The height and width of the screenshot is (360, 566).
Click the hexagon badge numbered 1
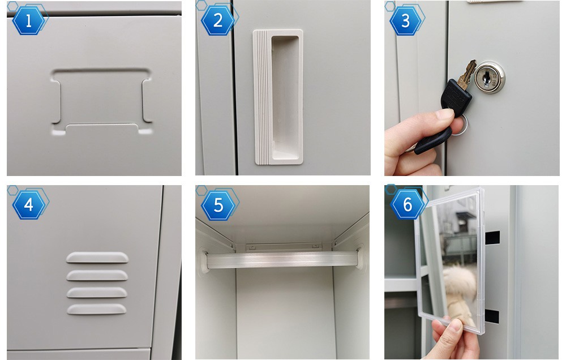[x=28, y=21]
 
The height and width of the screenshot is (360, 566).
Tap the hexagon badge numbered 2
[x=218, y=21]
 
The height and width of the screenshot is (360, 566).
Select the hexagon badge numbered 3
[x=405, y=21]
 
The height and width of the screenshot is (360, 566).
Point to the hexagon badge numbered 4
[x=28, y=205]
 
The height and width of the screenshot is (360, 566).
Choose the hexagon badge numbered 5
[x=218, y=205]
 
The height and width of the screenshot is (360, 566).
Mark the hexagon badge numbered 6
[x=407, y=205]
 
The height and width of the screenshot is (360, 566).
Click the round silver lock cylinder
[x=489, y=78]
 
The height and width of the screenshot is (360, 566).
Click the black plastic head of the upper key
[x=456, y=97]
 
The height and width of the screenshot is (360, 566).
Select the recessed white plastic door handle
[x=278, y=97]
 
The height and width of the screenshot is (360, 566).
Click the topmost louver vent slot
[x=97, y=257]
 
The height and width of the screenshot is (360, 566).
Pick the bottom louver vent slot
[x=97, y=309]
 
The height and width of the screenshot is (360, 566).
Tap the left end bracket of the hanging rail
[x=204, y=261]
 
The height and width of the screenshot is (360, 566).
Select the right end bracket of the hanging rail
[x=361, y=257]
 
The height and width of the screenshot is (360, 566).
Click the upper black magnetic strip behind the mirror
[x=492, y=237]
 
